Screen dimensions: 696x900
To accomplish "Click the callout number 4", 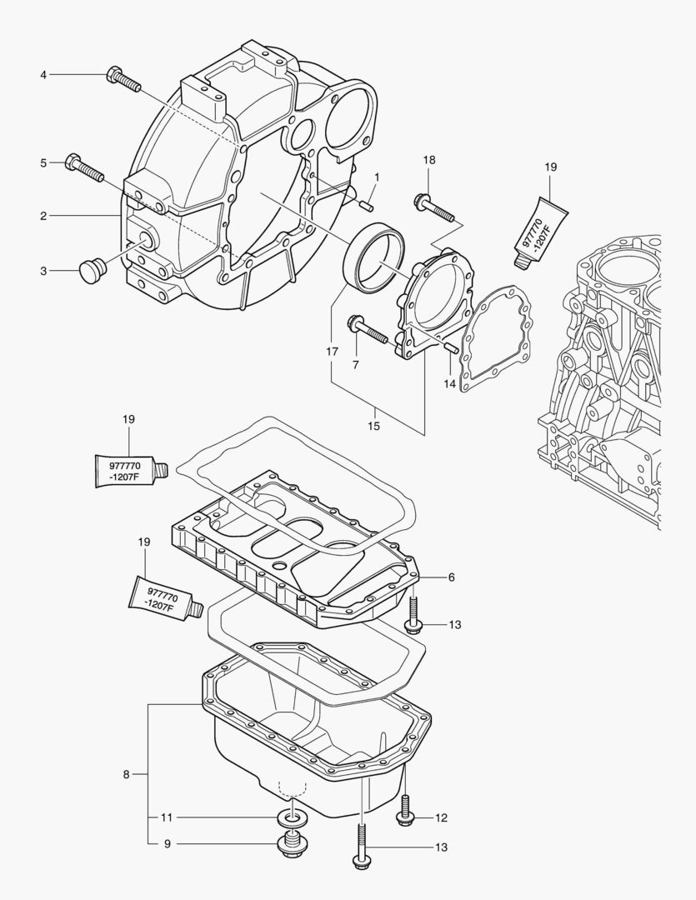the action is point(43,75).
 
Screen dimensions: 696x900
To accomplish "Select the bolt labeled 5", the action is point(83,167).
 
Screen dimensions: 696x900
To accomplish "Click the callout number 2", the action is point(43,216).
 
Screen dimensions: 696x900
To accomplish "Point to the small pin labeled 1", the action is point(366,200).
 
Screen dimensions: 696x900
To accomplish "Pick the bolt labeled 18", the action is point(433,208).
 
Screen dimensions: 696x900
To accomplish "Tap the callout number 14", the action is point(450,384).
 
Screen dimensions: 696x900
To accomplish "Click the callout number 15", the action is point(373,426).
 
